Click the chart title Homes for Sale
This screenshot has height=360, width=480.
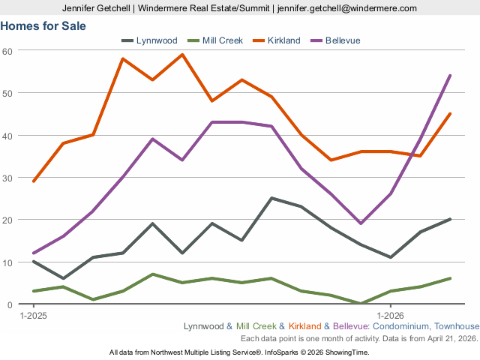pos(43,25)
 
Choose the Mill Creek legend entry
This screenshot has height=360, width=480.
pos(222,40)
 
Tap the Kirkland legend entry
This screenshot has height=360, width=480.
pos(283,40)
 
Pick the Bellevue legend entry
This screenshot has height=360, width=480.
pos(343,40)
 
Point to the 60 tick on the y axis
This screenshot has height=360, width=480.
pos(8,50)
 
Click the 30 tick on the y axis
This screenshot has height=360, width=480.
pos(8,178)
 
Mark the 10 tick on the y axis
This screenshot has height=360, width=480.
pos(8,262)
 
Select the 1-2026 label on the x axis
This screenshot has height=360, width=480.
pos(390,316)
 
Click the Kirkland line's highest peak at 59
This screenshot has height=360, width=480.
pos(182,54)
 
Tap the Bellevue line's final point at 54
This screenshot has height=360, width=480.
pos(450,75)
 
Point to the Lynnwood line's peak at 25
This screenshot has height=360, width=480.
pos(271,198)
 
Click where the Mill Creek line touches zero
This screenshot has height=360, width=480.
pos(361,304)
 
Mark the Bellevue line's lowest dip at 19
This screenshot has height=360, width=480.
pos(361,223)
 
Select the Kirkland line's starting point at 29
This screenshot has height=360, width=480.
pos(34,181)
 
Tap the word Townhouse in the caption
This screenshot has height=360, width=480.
pos(456,326)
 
